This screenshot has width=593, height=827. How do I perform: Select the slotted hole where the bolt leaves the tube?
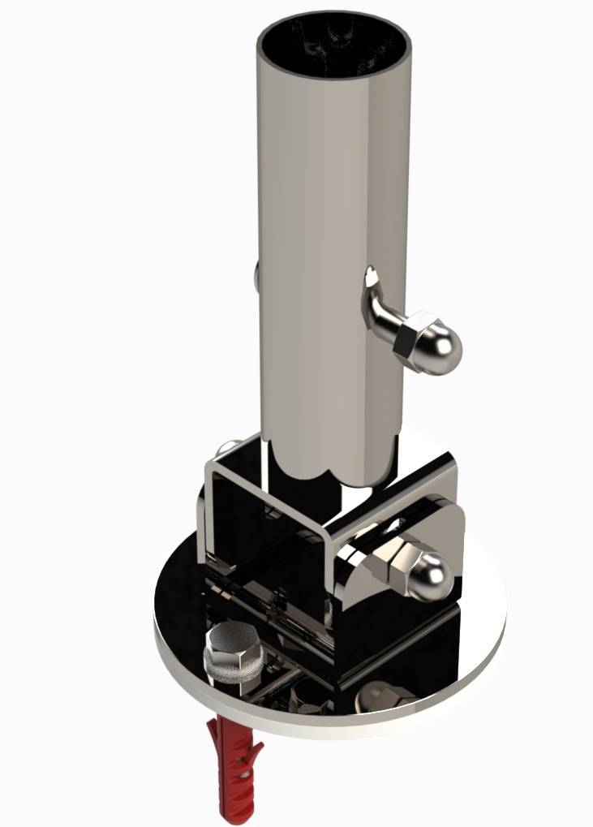[372, 280]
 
